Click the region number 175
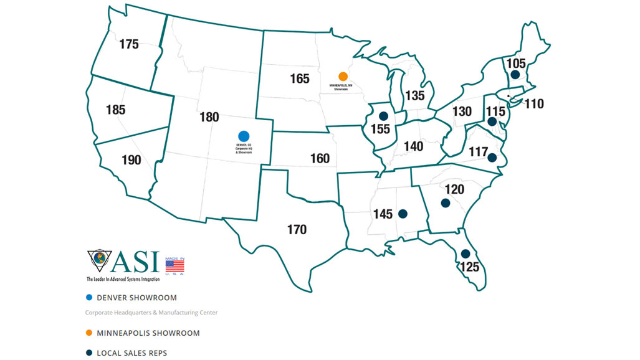click(128, 44)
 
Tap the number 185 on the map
click(115, 110)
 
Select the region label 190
click(131, 160)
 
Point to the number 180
click(209, 117)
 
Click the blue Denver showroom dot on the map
click(244, 136)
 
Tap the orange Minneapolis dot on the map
click(343, 76)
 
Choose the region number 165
click(300, 79)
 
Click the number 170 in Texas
click(297, 230)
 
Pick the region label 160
click(320, 159)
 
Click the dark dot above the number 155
click(383, 116)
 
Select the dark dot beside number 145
click(402, 214)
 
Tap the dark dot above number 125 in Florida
click(465, 253)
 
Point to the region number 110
click(533, 104)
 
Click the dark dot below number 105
click(515, 75)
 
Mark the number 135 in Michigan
click(414, 96)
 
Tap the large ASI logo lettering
click(135, 262)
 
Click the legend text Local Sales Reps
click(132, 353)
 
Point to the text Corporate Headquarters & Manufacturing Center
click(151, 313)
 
